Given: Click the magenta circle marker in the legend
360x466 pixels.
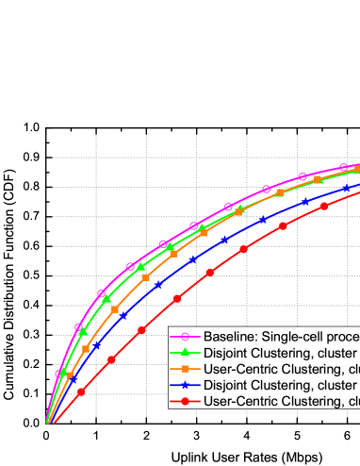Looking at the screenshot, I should (186, 338).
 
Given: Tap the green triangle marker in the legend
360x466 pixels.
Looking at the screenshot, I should (186, 354).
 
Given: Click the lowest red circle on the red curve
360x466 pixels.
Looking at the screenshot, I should (81, 391).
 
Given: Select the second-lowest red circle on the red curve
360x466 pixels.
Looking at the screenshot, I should (111, 359).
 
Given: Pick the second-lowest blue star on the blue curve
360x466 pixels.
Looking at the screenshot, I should (96, 346).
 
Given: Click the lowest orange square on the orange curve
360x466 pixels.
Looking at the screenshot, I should (69, 374).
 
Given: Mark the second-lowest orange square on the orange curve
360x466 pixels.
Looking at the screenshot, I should (86, 348).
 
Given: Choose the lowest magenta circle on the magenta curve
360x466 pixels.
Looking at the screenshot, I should (59, 374).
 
